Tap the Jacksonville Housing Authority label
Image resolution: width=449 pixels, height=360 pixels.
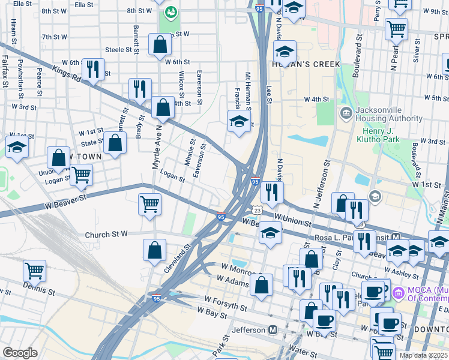(x=389, y=114)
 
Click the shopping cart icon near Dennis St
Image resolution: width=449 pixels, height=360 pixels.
(x=35, y=270)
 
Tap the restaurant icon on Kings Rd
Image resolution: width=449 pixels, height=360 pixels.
(x=140, y=89)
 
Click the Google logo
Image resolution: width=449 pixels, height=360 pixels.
(x=20, y=353)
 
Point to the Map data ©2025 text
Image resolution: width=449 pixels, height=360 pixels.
(x=424, y=355)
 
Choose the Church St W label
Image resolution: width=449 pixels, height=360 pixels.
(x=107, y=235)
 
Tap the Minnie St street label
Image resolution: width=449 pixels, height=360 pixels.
(x=190, y=154)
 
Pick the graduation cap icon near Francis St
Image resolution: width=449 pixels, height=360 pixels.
(x=238, y=122)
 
